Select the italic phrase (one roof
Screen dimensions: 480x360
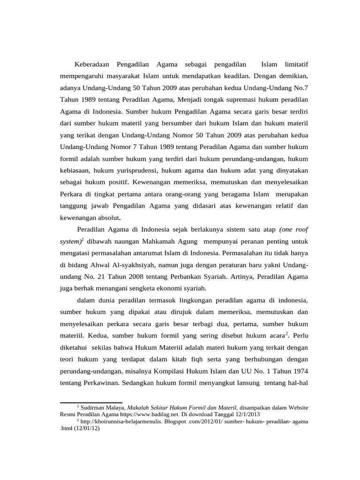coord(293,230)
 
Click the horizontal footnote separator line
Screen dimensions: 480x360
coord(91,402)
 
